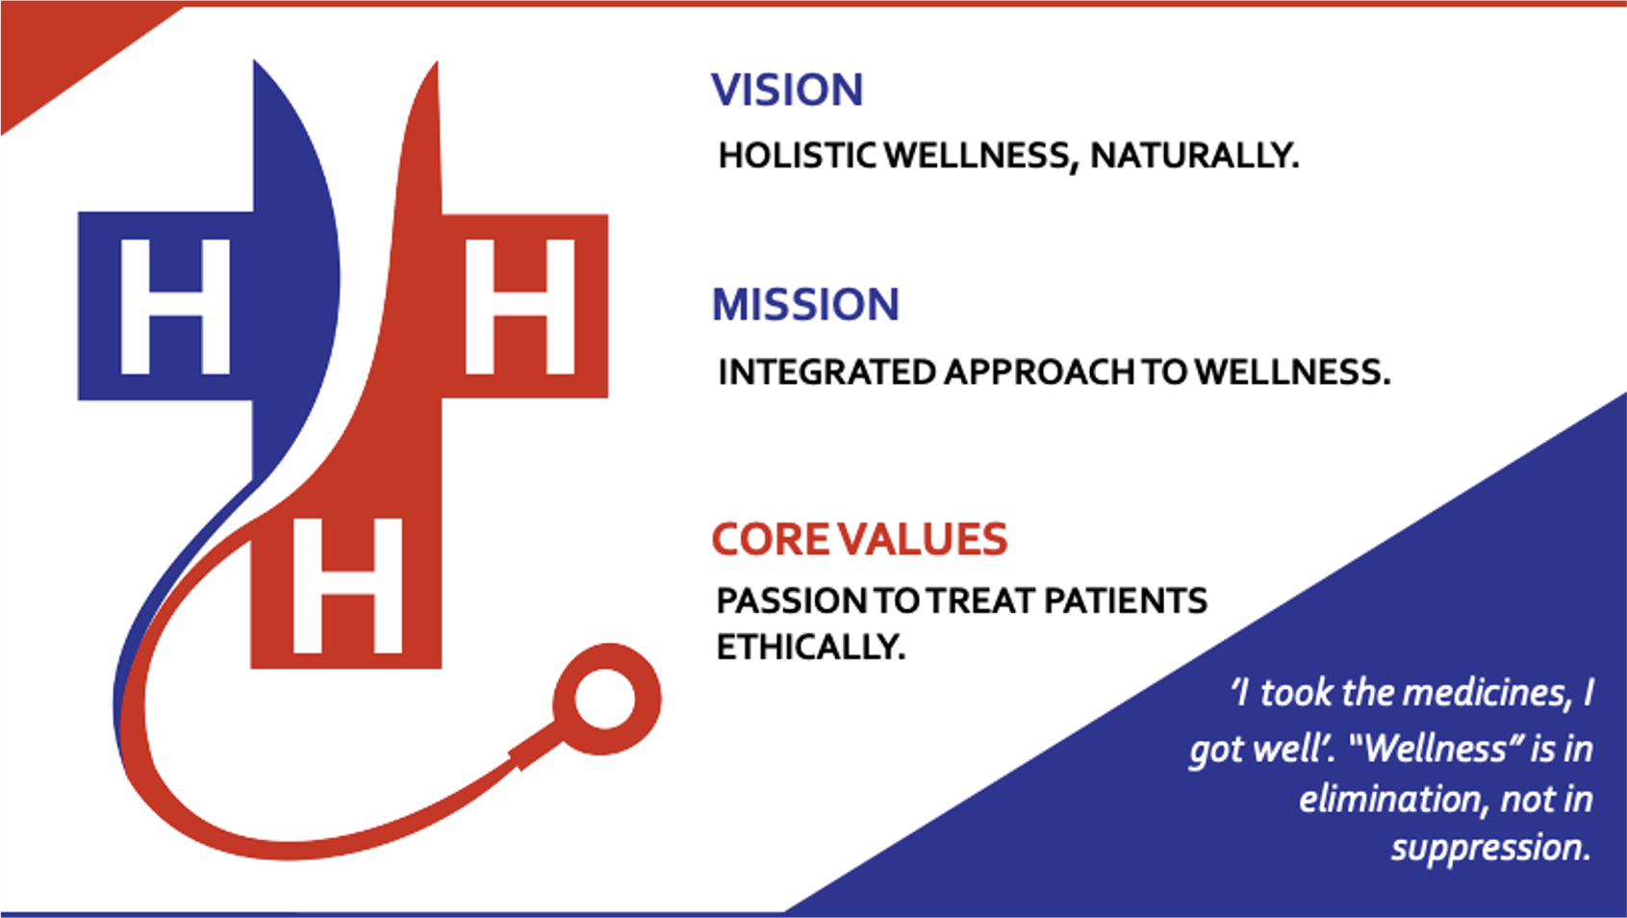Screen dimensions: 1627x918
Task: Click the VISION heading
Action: pyautogui.click(x=787, y=90)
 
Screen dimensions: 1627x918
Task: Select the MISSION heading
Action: pyautogui.click(x=805, y=304)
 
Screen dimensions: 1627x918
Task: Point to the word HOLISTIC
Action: pyautogui.click(x=798, y=156)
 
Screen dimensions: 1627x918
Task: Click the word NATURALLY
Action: pyautogui.click(x=1194, y=156)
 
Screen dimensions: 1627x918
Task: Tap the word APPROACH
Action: pyautogui.click(x=1039, y=372)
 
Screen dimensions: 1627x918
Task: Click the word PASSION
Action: pyautogui.click(x=791, y=600)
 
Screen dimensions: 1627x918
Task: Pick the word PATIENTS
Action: pyautogui.click(x=1125, y=600)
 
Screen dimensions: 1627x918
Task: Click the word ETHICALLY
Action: pyautogui.click(x=810, y=647)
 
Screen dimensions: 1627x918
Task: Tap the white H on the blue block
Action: pyautogui.click(x=175, y=307)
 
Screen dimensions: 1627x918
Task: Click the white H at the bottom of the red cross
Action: pyautogui.click(x=347, y=585)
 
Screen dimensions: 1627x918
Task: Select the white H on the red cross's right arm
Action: pyautogui.click(x=521, y=307)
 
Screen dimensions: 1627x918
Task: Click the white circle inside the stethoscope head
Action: pyautogui.click(x=604, y=699)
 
